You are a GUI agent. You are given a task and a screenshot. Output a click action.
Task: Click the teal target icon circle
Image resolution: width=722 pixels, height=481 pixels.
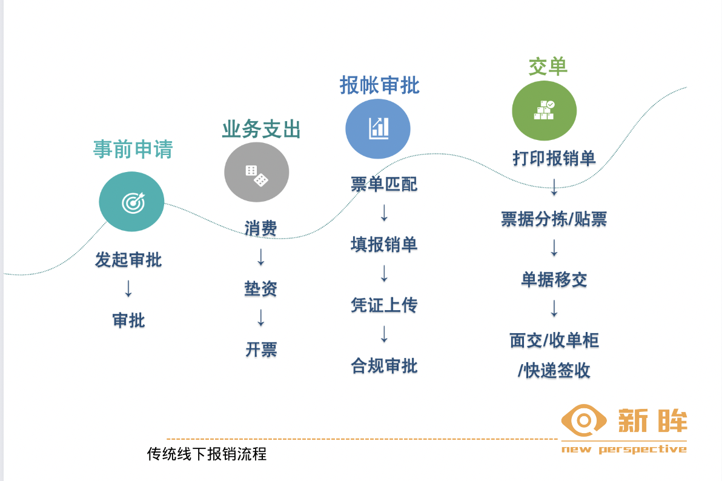tap(131, 202)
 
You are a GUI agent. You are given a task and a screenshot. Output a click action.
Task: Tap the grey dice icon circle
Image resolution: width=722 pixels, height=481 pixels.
tap(256, 172)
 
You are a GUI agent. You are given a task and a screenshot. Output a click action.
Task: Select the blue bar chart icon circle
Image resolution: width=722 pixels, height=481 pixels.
tap(378, 129)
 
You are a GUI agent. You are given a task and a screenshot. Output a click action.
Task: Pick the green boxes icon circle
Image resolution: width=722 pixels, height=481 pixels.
tap(545, 111)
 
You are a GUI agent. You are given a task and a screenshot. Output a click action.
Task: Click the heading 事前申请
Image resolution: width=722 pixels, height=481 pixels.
tap(133, 149)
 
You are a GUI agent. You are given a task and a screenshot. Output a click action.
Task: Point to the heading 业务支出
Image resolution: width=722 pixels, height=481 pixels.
tap(261, 129)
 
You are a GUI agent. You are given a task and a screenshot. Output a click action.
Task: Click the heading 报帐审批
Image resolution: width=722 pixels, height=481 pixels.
tap(380, 85)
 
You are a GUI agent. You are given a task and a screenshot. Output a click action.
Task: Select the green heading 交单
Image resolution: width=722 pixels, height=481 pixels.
tap(548, 67)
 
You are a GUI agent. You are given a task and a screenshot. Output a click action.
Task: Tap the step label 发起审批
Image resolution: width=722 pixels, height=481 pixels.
tap(128, 260)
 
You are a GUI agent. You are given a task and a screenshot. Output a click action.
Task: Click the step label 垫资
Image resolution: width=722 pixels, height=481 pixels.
tap(260, 289)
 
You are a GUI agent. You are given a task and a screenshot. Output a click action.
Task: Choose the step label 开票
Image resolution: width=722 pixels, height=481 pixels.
tap(261, 350)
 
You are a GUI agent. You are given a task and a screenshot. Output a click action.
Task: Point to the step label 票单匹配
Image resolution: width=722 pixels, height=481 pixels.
tap(384, 184)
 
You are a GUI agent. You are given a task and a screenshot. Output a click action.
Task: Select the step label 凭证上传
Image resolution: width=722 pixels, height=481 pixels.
tap(384, 305)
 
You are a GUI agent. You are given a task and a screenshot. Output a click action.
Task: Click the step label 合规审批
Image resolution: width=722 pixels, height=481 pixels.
tap(384, 366)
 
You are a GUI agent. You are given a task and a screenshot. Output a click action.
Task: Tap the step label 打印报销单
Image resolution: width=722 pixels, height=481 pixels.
tap(554, 159)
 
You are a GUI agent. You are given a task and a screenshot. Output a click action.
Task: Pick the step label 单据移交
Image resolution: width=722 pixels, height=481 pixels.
tap(554, 280)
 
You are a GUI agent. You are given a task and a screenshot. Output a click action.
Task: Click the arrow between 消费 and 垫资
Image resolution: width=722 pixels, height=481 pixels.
tap(260, 257)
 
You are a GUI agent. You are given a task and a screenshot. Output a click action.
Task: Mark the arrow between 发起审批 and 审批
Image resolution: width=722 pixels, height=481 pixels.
tap(128, 289)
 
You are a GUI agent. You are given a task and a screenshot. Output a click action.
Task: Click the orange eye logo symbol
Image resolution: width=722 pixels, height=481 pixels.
tap(584, 420)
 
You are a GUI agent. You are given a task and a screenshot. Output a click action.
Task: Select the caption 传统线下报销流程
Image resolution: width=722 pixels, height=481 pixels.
tap(207, 454)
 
